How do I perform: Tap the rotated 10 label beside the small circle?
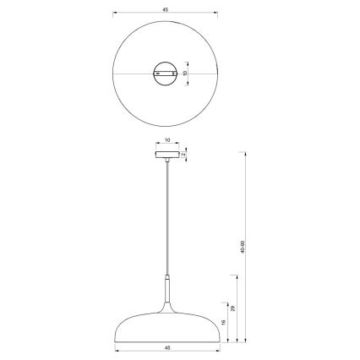[x=185, y=74]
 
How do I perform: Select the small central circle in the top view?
[x=166, y=74]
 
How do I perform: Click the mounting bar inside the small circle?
[x=166, y=74]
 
